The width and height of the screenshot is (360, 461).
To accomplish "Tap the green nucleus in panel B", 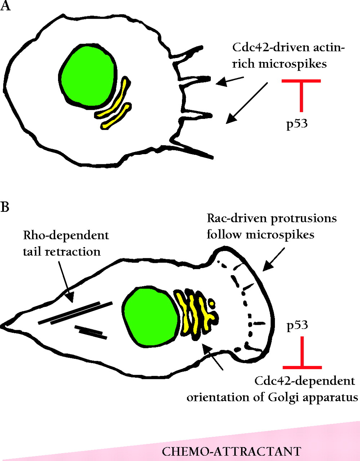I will (151, 316).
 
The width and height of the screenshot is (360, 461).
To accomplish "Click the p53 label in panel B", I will (297, 326).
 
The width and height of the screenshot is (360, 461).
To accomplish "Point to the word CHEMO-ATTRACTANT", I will (231, 452).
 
